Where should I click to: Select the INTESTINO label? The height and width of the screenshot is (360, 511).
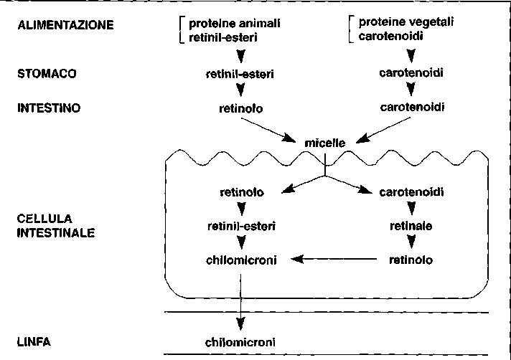coord(49,108)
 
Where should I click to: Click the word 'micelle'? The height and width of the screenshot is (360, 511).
coord(325,143)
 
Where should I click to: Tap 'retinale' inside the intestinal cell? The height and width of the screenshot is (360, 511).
coord(411,225)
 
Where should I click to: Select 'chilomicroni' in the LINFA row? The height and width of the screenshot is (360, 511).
coord(240,342)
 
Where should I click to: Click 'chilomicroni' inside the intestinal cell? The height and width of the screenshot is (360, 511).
coord(240,258)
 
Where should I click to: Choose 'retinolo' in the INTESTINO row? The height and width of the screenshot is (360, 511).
coord(240,109)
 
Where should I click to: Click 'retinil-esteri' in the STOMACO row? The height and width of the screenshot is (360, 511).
coord(240,73)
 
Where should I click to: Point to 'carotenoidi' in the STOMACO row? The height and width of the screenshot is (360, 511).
coord(411,73)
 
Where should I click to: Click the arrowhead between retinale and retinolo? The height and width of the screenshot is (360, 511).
coord(411,242)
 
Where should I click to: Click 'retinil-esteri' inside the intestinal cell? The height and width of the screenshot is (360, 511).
coord(240,225)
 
